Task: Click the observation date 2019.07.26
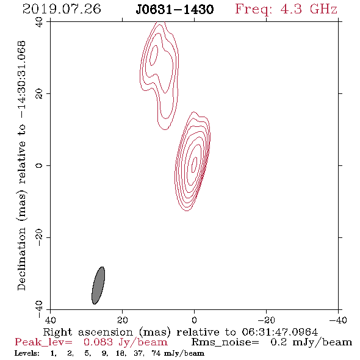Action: tap(62, 9)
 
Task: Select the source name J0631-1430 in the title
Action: tap(175, 9)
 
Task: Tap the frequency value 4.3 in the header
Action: tap(291, 9)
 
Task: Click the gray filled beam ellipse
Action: tap(98, 286)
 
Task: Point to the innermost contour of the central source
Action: tap(194, 164)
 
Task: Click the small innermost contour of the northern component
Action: tap(154, 56)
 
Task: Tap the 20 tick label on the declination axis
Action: tap(39, 94)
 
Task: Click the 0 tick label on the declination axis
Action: tap(39, 165)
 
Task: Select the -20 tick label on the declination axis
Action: tap(39, 237)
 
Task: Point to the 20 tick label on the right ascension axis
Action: tap(123, 320)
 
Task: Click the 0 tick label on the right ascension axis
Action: tap(194, 320)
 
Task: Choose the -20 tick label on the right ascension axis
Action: tap(266, 320)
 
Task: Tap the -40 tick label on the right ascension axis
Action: tap(338, 320)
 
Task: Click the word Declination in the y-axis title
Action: tap(21, 259)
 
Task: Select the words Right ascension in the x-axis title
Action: tap(88, 332)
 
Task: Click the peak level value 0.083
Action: tap(98, 342)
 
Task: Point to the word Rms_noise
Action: tap(225, 342)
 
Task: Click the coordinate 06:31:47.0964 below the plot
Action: tap(280, 332)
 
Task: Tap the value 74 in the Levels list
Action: tap(156, 353)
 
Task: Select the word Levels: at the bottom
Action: tap(27, 353)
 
